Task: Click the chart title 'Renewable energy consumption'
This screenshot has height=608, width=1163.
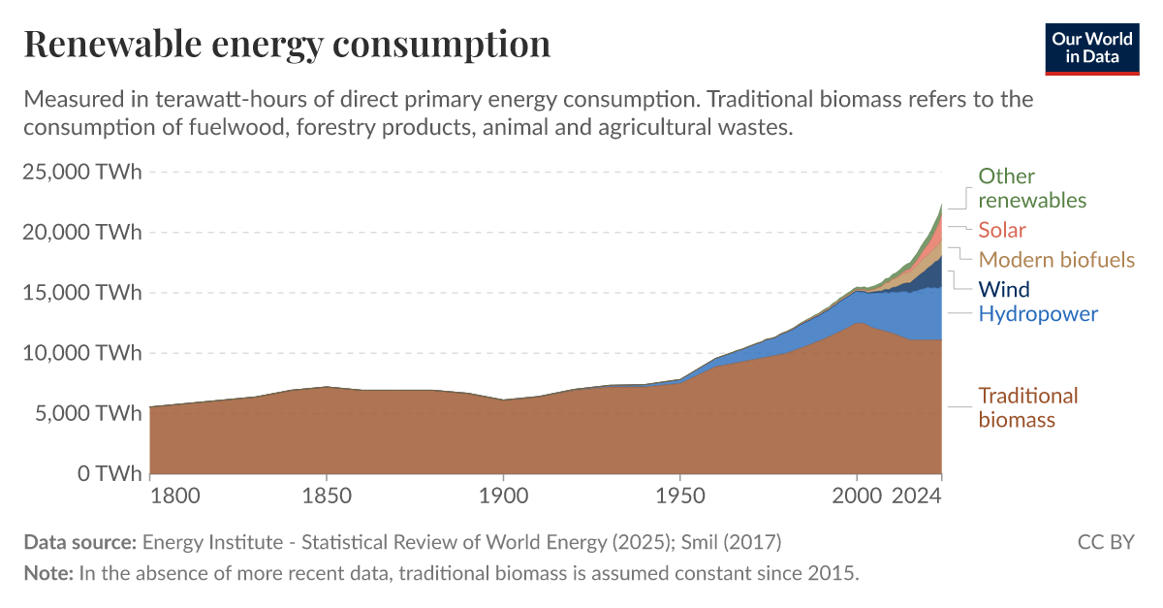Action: pyautogui.click(x=287, y=45)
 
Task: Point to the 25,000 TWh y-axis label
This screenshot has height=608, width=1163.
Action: pyautogui.click(x=81, y=173)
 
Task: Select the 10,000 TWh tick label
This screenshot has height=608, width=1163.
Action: pyautogui.click(x=81, y=353)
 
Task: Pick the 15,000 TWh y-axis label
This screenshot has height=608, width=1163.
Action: pyautogui.click(x=81, y=293)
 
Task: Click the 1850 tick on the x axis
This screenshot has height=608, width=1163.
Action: pyautogui.click(x=327, y=496)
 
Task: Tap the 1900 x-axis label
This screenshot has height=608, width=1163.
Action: pyautogui.click(x=503, y=496)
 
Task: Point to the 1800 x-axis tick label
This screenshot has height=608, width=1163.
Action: pyautogui.click(x=175, y=496)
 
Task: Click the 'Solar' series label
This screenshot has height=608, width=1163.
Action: pyautogui.click(x=1001, y=231)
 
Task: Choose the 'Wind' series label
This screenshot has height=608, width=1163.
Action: pyautogui.click(x=1004, y=289)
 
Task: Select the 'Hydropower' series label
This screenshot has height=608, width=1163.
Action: pyautogui.click(x=1038, y=314)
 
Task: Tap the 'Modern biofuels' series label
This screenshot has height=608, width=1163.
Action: pyautogui.click(x=1056, y=260)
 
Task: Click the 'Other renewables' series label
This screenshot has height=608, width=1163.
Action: pyautogui.click(x=1031, y=188)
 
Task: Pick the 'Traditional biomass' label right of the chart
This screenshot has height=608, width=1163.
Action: pyautogui.click(x=1027, y=407)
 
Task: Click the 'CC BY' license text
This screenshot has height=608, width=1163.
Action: pyautogui.click(x=1105, y=542)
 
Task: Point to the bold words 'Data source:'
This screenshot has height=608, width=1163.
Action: pyautogui.click(x=80, y=542)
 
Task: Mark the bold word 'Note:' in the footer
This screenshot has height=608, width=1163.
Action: pyautogui.click(x=48, y=572)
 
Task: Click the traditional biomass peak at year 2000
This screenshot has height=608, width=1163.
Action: pyautogui.click(x=857, y=324)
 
